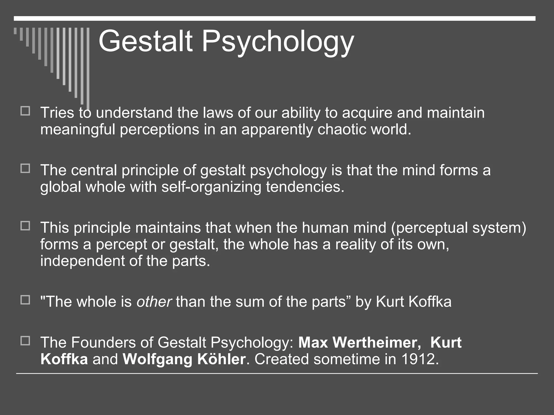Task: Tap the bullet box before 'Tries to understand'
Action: [x=25, y=111]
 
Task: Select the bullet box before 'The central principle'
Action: [x=25, y=169]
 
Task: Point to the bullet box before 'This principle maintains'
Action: [x=25, y=226]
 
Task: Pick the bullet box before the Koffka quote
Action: [x=25, y=300]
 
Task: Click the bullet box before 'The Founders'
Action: [x=25, y=341]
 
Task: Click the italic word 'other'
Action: [x=154, y=302]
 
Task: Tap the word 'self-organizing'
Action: [x=211, y=187]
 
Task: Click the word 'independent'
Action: [x=82, y=261]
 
